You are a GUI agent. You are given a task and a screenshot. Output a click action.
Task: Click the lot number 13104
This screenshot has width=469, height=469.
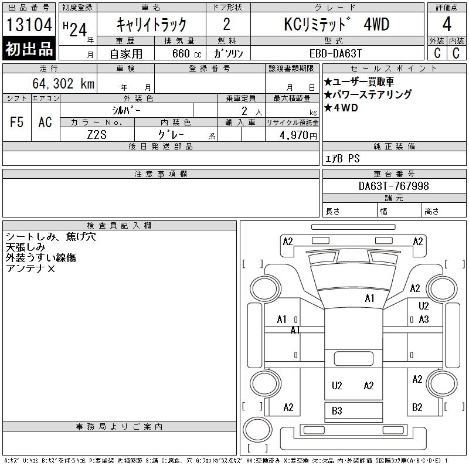[29, 25]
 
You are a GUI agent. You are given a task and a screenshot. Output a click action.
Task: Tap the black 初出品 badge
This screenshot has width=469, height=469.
[29, 48]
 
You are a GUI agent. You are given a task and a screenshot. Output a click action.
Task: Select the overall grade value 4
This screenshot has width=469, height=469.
[447, 24]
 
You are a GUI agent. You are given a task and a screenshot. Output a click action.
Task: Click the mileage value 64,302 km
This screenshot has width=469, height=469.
[63, 83]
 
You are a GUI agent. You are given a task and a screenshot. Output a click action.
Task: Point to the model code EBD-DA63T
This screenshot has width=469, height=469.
[335, 53]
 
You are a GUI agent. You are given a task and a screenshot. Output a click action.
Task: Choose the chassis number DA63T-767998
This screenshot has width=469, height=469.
[393, 186]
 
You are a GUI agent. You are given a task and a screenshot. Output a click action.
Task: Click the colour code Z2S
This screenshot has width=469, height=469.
[97, 135]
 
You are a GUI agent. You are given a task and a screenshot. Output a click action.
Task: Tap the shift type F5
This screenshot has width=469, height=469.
[17, 122]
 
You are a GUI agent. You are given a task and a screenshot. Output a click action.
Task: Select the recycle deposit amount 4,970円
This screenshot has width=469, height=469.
[298, 135]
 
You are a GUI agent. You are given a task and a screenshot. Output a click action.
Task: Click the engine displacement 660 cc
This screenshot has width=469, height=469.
[186, 53]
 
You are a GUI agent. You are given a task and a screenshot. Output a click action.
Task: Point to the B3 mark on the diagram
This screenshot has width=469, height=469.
[337, 411]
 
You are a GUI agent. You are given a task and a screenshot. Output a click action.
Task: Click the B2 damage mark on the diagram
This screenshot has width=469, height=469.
[417, 407]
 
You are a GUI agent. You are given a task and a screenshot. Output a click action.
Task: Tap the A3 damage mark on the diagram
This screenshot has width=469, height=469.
[424, 320]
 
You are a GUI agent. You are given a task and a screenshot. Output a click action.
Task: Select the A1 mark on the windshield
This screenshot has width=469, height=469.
[370, 298]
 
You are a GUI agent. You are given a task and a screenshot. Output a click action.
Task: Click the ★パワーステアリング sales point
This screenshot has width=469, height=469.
[368, 94]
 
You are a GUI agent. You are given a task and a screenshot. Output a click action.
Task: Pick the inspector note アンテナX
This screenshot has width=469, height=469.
[30, 269]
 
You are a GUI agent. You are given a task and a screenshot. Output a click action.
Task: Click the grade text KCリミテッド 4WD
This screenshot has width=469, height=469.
[337, 24]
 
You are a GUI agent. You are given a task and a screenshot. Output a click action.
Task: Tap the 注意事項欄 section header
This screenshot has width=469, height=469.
[161, 174]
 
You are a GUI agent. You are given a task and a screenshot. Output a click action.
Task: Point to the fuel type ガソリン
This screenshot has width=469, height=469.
[228, 53]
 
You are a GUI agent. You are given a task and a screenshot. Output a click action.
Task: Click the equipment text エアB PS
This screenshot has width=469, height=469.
[342, 158]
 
